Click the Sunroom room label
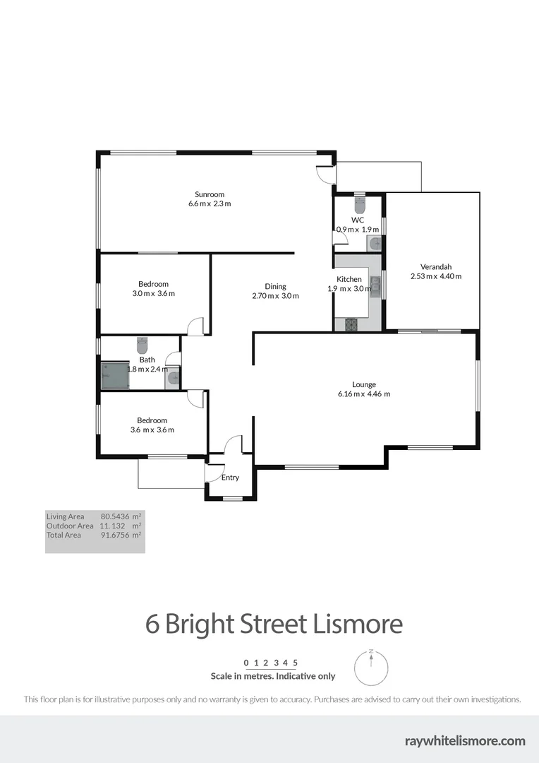[210, 194]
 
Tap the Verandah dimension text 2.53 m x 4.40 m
[435, 276]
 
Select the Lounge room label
[364, 384]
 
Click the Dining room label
[275, 286]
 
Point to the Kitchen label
[349, 279]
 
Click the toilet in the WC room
[359, 205]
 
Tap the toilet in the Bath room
[142, 345]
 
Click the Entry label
[230, 478]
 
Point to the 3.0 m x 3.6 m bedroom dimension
[153, 293]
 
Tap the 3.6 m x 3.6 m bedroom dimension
[152, 430]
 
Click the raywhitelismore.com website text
[465, 740]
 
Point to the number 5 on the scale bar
[296, 663]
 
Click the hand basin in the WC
[375, 244]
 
